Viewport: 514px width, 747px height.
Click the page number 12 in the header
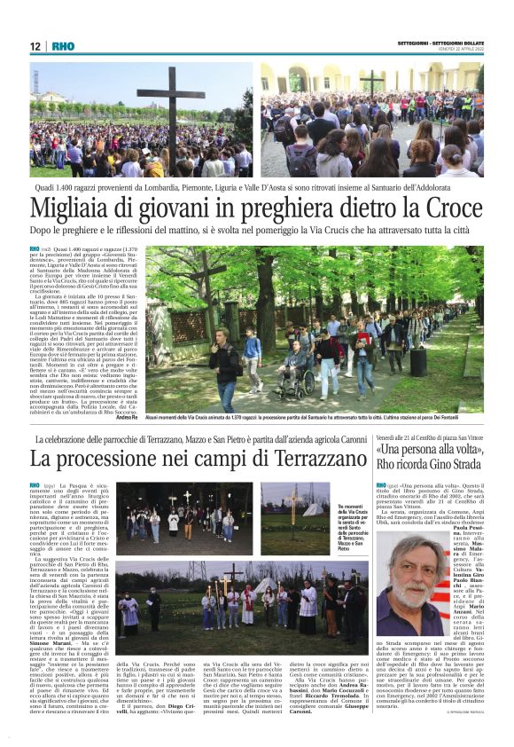(35, 46)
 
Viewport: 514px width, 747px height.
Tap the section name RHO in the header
(63, 46)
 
